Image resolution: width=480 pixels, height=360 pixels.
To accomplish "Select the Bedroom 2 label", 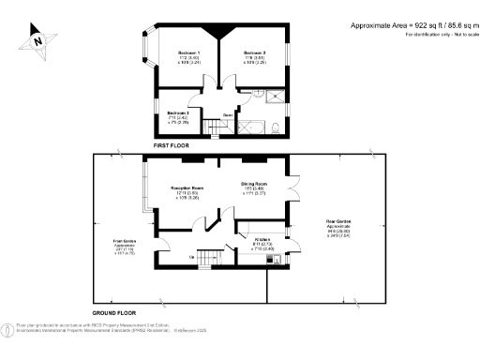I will (256, 52).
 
